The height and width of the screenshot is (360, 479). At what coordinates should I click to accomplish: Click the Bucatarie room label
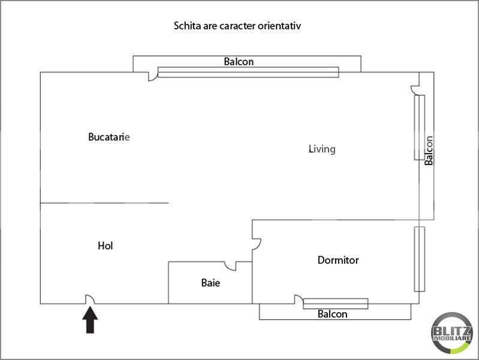(x=109, y=137)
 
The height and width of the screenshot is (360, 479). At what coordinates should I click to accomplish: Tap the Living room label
(x=322, y=149)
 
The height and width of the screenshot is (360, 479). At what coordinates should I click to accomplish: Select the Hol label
(x=106, y=245)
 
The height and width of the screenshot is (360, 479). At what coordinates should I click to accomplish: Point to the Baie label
(x=210, y=283)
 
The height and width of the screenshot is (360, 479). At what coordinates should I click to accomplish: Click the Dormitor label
(x=338, y=260)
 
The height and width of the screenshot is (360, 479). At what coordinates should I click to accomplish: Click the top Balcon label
(x=239, y=61)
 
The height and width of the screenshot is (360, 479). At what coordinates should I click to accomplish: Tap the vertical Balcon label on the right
(x=429, y=150)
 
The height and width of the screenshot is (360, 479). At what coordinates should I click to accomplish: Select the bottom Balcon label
(x=333, y=314)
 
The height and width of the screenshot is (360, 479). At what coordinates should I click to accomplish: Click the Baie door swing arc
(x=230, y=266)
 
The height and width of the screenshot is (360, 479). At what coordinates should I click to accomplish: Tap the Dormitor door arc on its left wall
(x=257, y=243)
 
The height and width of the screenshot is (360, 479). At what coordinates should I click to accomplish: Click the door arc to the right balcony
(x=414, y=90)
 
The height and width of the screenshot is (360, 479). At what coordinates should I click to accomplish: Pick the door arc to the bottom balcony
(x=297, y=299)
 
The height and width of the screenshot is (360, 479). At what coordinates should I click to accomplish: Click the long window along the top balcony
(x=248, y=73)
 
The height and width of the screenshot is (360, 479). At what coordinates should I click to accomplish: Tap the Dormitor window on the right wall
(x=419, y=259)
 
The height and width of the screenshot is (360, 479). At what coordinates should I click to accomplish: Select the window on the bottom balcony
(x=336, y=304)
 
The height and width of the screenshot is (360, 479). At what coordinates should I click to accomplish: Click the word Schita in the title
(x=186, y=26)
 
